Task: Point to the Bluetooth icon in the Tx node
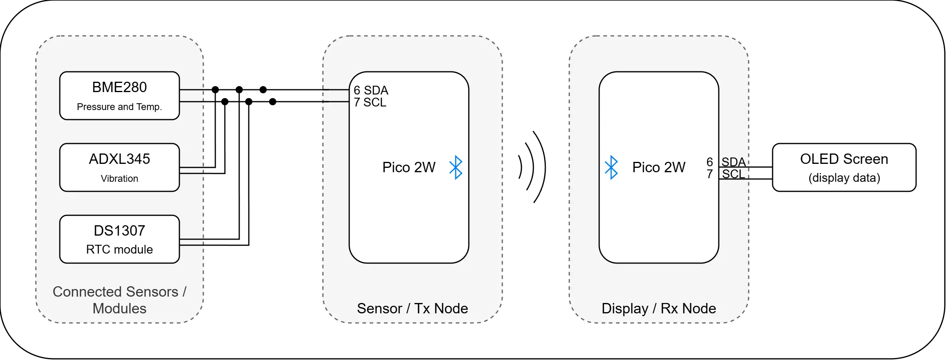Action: coord(456,167)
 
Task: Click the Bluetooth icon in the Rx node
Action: coord(611,167)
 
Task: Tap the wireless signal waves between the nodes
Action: coord(532,167)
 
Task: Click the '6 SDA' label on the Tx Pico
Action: coord(371,90)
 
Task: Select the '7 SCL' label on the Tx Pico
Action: coord(370,102)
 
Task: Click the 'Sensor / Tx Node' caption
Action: coord(412,308)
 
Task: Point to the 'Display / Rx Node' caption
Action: coord(659,308)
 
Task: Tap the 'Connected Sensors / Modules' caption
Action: coord(119,300)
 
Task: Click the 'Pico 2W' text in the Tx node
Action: coord(409,167)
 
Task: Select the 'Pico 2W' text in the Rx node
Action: coord(659,167)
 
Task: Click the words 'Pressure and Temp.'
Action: coord(119,107)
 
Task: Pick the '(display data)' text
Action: coord(844,178)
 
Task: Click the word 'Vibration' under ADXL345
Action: coord(119,179)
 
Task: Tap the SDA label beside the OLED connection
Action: coord(734,162)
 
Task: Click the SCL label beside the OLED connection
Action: coord(734,174)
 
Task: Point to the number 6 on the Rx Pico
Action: coord(710,162)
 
